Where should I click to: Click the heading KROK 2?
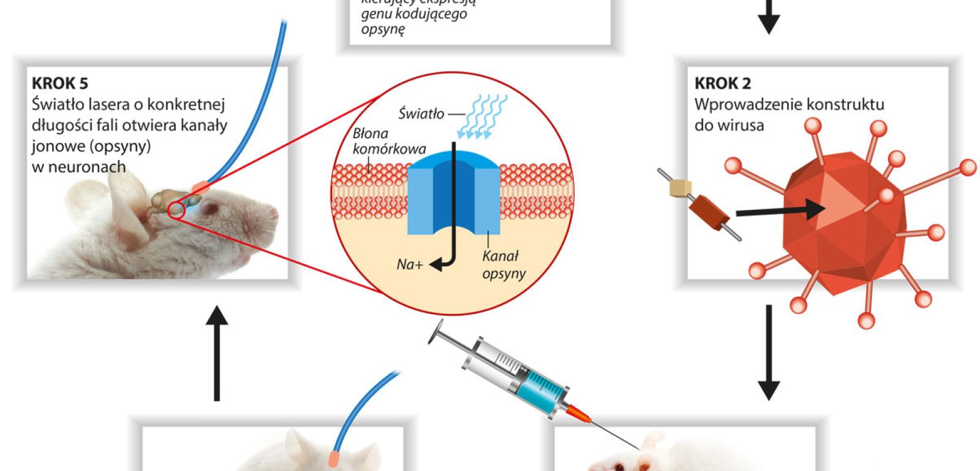(722, 83)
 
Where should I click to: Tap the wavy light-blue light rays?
(478, 117)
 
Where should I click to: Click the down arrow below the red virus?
(769, 353)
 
